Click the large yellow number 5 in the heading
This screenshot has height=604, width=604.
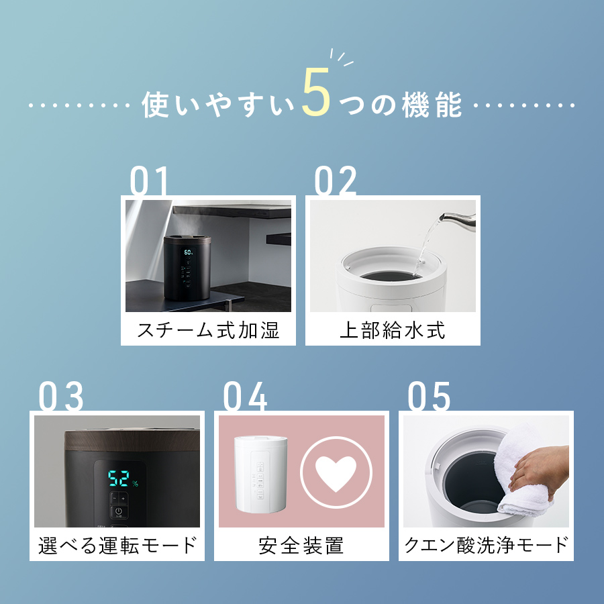tap(316, 93)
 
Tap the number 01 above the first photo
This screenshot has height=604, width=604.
tap(149, 183)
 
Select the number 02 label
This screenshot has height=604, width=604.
tap(336, 183)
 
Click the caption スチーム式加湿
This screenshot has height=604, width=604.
tap(208, 330)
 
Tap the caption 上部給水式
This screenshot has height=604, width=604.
tap(393, 330)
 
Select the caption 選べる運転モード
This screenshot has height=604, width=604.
tap(117, 545)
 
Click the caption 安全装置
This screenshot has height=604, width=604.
tap(301, 545)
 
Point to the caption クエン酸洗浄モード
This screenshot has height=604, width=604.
tap(486, 545)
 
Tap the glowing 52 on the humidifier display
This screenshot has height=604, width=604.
tap(119, 479)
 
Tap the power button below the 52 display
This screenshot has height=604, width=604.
tap(118, 511)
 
